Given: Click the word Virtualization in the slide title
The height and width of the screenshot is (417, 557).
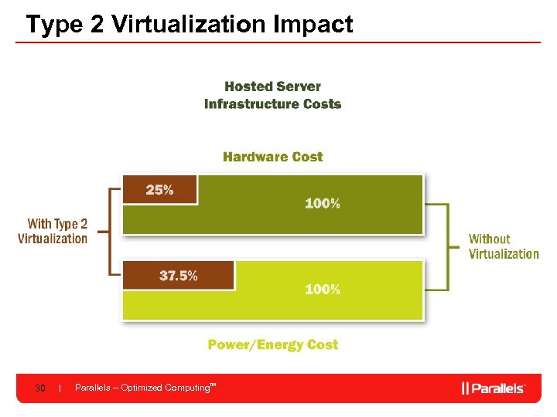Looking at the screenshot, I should click(x=189, y=24).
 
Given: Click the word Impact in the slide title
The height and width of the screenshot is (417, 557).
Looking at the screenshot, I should click(x=313, y=24).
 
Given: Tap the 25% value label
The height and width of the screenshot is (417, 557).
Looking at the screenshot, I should click(x=159, y=190).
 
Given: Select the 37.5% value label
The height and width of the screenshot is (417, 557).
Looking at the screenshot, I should click(x=178, y=275).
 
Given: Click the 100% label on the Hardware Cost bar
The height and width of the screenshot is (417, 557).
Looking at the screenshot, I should click(x=322, y=204).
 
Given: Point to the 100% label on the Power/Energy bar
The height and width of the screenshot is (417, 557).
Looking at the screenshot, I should click(x=322, y=290).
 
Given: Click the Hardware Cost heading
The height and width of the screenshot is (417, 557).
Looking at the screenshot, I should click(x=272, y=157).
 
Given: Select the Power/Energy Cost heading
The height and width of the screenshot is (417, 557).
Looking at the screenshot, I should click(x=272, y=344).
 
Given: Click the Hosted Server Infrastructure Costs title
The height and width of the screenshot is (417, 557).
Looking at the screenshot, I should click(x=272, y=95).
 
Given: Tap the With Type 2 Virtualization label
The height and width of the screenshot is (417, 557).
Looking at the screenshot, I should click(x=53, y=231).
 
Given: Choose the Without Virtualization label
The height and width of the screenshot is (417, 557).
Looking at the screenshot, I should click(x=504, y=246).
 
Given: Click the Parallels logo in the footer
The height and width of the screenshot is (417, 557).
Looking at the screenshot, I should click(x=493, y=388).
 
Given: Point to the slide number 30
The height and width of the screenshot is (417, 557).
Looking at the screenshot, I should click(x=40, y=388).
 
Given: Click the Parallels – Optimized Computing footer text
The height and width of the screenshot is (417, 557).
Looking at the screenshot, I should click(x=144, y=388).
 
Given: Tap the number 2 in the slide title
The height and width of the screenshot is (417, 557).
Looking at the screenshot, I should click(x=97, y=24).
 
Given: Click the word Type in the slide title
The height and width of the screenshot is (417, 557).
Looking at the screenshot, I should click(x=55, y=24).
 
